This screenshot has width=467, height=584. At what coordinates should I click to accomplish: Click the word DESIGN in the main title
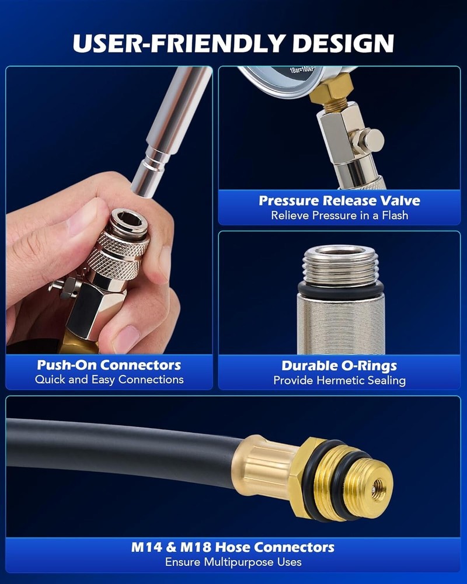(343, 43)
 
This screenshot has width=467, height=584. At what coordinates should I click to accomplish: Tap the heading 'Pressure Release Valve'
(339, 201)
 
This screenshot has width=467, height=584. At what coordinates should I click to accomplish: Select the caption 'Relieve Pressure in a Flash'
(339, 215)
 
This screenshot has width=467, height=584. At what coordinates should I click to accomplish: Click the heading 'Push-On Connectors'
(109, 365)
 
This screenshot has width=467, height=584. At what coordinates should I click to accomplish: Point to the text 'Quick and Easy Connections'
(109, 380)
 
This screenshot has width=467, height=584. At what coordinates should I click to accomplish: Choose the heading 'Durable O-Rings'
(339, 366)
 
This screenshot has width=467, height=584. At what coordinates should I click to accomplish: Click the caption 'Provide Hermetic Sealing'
(339, 380)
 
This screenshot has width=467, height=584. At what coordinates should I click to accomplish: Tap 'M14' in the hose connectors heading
(147, 548)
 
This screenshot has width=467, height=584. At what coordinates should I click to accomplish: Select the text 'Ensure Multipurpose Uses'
(233, 562)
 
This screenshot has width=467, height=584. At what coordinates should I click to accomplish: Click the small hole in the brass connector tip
(378, 486)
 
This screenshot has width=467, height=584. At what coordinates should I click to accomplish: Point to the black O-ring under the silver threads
(340, 290)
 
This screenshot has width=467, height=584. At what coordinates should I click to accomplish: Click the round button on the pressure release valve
(372, 140)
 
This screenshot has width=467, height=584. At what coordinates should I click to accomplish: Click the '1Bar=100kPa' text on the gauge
(302, 69)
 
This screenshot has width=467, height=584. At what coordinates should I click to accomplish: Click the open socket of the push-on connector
(129, 220)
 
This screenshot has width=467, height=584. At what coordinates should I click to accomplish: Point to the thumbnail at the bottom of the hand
(127, 339)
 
